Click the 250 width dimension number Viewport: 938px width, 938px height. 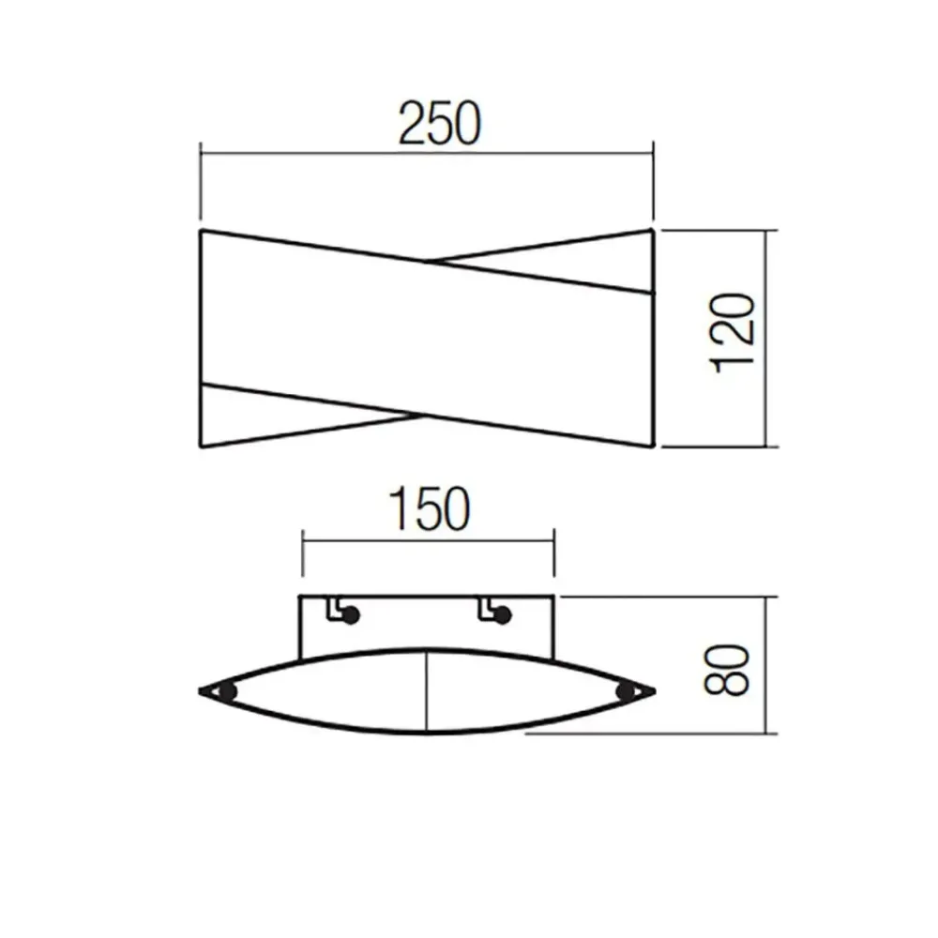[438, 123]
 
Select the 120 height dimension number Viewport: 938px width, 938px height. [734, 334]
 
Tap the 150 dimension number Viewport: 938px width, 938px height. [427, 510]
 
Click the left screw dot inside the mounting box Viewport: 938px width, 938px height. [351, 616]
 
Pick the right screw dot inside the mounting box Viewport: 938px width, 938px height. [504, 616]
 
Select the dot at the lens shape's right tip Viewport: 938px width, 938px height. [626, 692]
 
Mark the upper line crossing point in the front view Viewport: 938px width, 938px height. [429, 262]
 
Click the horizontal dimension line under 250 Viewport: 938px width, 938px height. [427, 149]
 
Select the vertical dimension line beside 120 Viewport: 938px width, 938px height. [770, 338]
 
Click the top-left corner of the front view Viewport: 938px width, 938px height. [202, 230]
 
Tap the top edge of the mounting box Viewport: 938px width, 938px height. [427, 597]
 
